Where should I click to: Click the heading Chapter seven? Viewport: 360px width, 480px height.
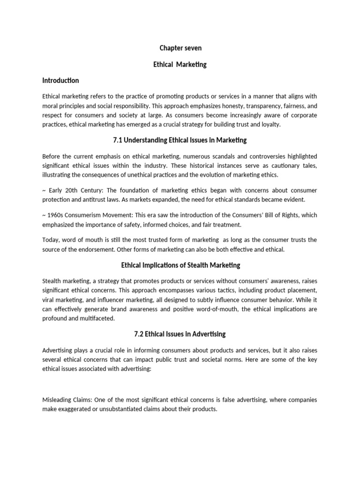pyautogui.click(x=180, y=48)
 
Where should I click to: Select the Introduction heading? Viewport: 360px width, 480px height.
pyautogui.click(x=60, y=81)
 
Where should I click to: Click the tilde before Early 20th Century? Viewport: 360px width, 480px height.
pyautogui.click(x=44, y=190)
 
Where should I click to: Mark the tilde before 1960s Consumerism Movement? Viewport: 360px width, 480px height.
pyautogui.click(x=44, y=215)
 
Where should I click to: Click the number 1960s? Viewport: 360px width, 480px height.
pyautogui.click(x=57, y=215)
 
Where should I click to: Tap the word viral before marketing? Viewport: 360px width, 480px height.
pyautogui.click(x=49, y=300)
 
